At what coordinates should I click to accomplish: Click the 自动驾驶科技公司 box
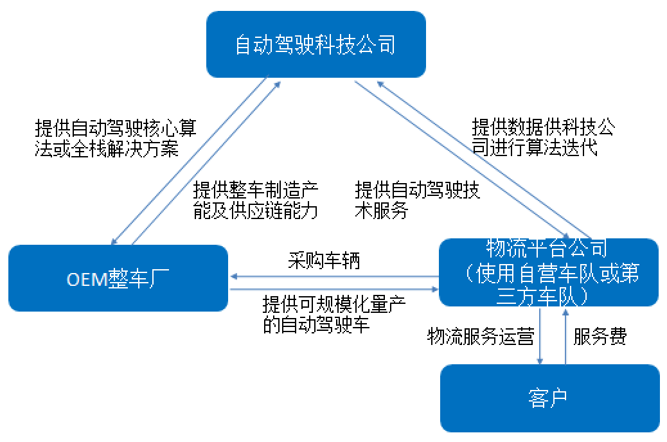tap(316, 44)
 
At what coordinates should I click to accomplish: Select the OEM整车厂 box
tap(118, 278)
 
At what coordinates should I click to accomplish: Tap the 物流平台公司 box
tap(548, 272)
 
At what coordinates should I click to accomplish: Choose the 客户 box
tap(549, 398)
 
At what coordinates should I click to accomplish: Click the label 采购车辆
tap(324, 261)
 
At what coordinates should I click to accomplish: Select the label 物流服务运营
tap(481, 336)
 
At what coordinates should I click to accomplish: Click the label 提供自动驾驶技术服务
tap(418, 200)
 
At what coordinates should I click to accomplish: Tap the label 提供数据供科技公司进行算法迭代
tap(543, 137)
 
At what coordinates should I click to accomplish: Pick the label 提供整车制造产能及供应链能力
tap(256, 200)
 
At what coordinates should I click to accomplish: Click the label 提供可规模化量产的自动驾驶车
tap(334, 314)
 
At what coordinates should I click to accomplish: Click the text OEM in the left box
tap(85, 281)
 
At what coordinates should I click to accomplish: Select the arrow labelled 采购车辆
tap(334, 277)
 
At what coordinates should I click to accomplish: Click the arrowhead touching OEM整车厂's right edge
tap(233, 277)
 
